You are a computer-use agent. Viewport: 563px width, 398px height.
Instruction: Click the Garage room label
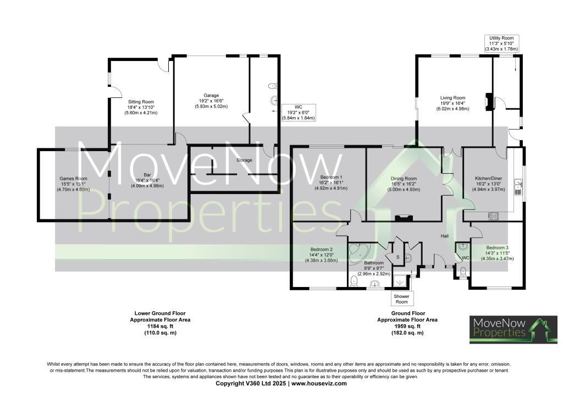click(208, 101)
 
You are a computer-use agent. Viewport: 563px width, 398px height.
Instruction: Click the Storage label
click(244, 160)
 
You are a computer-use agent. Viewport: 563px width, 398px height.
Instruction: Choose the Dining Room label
click(404, 184)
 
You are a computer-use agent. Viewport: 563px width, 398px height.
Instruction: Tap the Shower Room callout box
click(401, 298)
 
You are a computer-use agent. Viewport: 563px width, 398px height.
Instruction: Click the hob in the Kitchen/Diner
click(493, 217)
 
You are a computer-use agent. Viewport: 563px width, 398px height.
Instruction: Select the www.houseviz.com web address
click(320, 383)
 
